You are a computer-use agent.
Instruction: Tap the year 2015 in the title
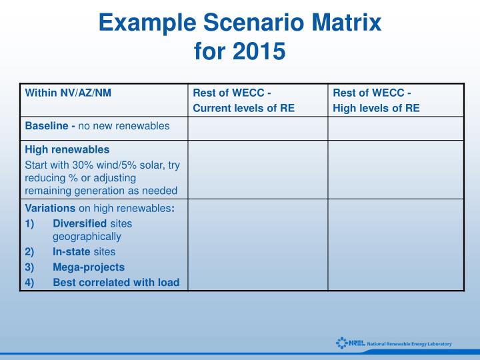(x=262, y=51)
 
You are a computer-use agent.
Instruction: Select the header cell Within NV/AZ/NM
(x=68, y=93)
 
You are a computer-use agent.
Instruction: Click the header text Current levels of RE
(x=243, y=108)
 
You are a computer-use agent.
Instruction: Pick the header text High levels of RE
(x=376, y=108)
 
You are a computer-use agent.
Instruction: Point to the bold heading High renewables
(x=67, y=149)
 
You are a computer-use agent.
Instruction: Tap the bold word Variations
(x=50, y=208)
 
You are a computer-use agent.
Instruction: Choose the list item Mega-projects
(x=89, y=267)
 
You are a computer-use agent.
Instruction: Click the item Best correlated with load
(x=116, y=282)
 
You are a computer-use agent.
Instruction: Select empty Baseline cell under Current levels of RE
(x=257, y=128)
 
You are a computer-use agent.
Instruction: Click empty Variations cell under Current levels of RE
(x=257, y=245)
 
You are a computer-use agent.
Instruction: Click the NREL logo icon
(x=343, y=343)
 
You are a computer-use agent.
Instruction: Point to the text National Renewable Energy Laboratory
(x=409, y=344)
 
